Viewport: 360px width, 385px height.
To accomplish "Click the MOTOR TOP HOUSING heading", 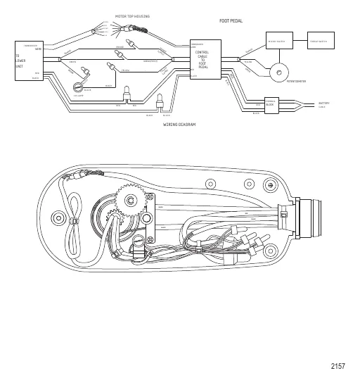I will pyautogui.click(x=132, y=16).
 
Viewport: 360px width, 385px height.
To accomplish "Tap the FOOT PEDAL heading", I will pyautogui.click(x=231, y=22).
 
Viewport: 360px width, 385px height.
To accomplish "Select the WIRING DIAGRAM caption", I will pyautogui.click(x=179, y=124).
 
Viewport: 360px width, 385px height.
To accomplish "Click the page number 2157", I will pyautogui.click(x=337, y=366).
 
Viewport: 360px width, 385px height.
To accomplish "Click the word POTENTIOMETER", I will pyautogui.click(x=296, y=82).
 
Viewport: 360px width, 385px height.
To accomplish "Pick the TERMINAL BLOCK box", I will pyautogui.click(x=271, y=103).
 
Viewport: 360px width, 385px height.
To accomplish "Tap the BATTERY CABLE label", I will pyautogui.click(x=323, y=104).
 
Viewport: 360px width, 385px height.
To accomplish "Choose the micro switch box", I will pyautogui.click(x=279, y=41).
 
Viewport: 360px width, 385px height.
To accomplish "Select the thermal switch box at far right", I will pyautogui.click(x=323, y=41).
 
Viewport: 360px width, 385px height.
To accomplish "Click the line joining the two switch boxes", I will pyautogui.click(x=301, y=41).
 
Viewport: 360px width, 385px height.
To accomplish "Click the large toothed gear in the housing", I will pyautogui.click(x=130, y=201).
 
